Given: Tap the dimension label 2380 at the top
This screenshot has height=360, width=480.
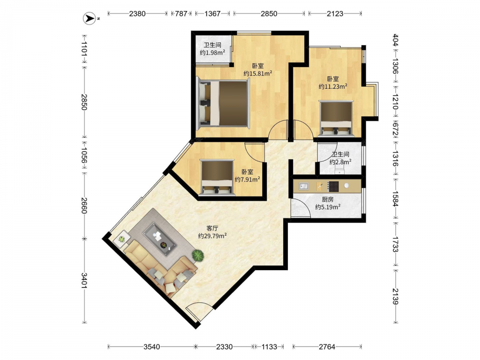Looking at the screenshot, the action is click(x=137, y=13).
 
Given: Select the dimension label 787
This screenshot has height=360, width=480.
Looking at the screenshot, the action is click(x=181, y=13).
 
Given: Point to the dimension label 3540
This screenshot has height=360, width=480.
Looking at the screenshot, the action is click(x=152, y=347).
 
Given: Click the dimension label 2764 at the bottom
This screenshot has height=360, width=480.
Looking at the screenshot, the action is click(x=327, y=347).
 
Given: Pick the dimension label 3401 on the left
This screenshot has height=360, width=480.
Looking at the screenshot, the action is click(x=84, y=280).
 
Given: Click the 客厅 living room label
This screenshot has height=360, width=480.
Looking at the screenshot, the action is click(x=212, y=228).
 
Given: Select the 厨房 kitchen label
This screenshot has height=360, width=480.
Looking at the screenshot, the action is click(x=327, y=200).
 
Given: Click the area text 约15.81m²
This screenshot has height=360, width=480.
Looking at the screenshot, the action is click(x=258, y=73).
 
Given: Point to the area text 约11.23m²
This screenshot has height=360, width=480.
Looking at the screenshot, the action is click(x=333, y=86).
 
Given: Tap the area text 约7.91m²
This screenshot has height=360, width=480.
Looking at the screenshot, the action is click(x=247, y=180).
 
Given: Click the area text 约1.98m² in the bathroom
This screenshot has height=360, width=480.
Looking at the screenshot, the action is click(x=213, y=52).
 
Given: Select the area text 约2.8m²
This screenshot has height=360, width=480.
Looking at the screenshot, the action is click(x=340, y=162).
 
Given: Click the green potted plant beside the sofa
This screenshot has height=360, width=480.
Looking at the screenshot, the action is click(x=198, y=255).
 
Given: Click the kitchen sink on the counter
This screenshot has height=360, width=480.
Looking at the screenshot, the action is click(x=303, y=186).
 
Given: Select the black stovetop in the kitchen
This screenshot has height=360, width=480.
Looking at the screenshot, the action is click(x=333, y=186).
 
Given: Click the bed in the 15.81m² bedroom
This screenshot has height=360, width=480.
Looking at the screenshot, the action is click(x=223, y=103).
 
